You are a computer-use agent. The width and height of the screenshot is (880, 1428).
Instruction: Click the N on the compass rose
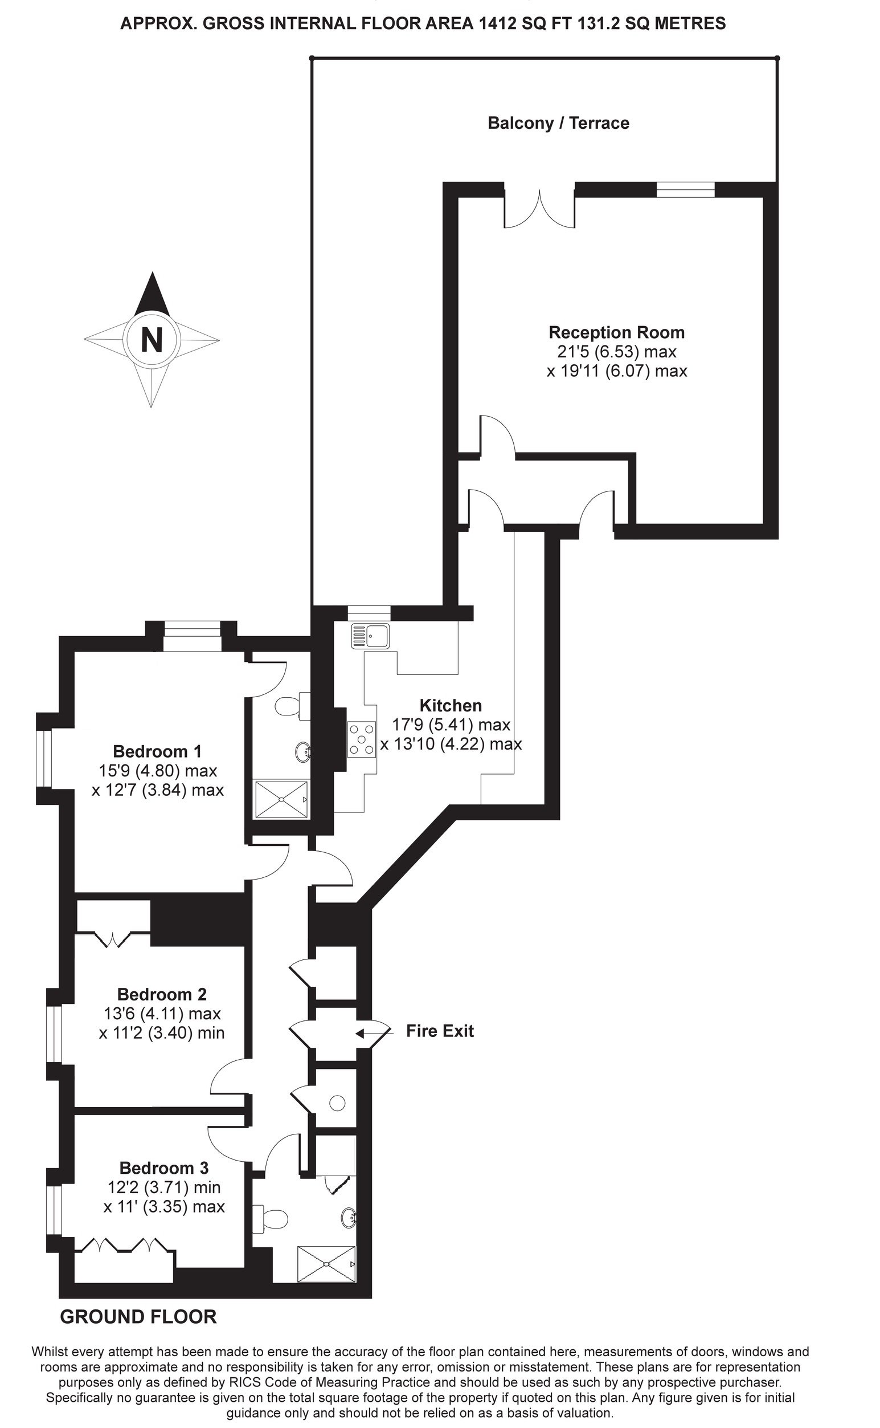152,339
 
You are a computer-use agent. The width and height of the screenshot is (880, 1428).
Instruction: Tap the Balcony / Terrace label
558,123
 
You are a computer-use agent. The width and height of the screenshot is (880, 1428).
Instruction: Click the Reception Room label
617,332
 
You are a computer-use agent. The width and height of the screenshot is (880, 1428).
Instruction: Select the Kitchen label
451,706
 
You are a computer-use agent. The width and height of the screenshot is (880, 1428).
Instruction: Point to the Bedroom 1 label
157,751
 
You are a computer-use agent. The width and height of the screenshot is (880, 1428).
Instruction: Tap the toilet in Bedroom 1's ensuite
292,706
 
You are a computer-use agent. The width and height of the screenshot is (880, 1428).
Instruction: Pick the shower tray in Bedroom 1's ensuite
282,800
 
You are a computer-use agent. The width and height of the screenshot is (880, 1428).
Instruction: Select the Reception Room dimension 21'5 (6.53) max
617,352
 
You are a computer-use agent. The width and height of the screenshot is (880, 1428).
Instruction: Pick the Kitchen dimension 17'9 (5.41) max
451,725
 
